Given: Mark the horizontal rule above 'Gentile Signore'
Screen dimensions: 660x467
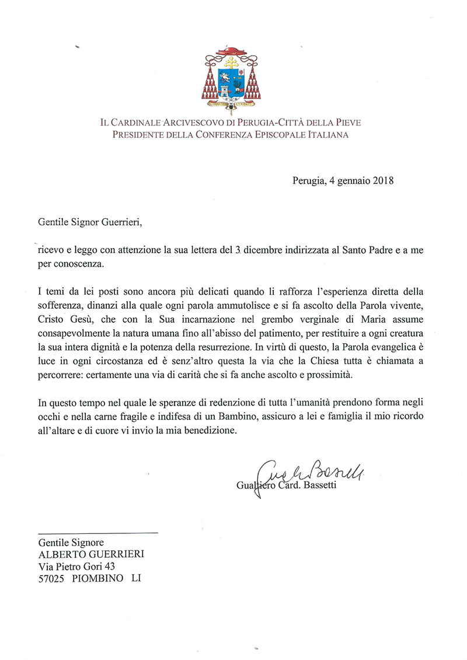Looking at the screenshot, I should (98, 533).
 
